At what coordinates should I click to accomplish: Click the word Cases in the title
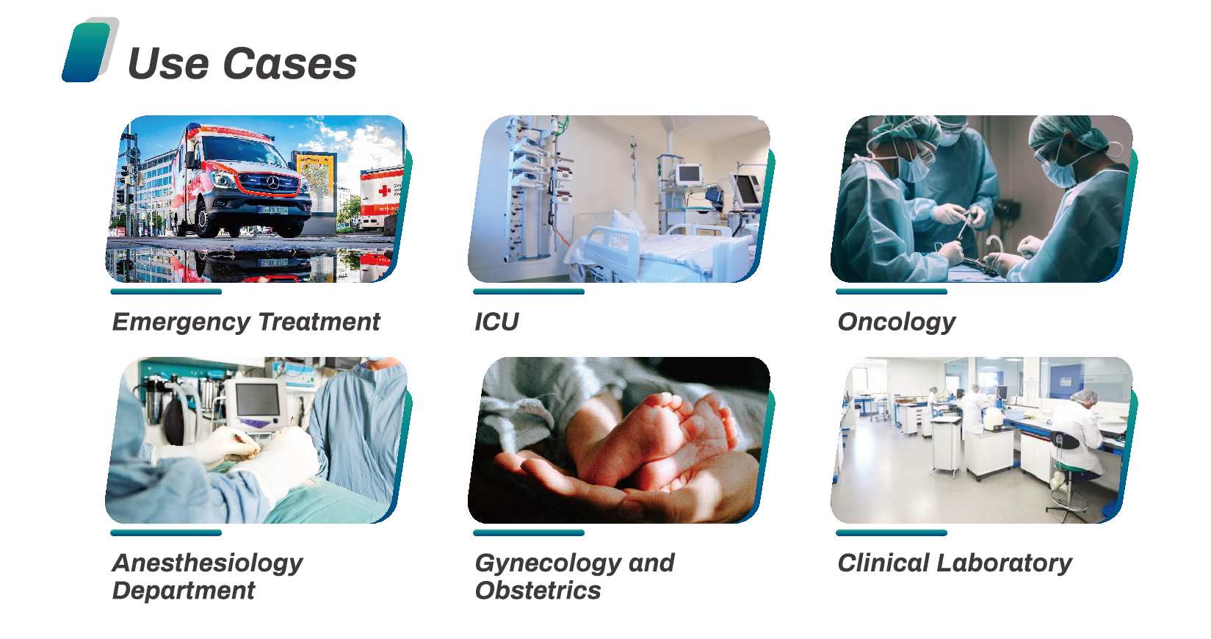pos(289,64)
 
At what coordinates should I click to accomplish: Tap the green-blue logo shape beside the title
pos(87,52)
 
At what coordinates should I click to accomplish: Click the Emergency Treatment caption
pos(246,322)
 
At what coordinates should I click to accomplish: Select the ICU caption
pos(496,322)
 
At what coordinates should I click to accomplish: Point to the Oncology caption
pos(897,322)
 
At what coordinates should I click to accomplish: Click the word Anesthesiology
pos(208,563)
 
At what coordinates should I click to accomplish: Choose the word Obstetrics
pos(538,591)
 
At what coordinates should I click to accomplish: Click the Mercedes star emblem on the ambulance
pos(273,184)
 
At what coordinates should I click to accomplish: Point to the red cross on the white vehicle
pos(384,191)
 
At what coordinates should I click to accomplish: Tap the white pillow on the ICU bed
pos(628,225)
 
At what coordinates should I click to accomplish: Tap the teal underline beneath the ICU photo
pos(529,292)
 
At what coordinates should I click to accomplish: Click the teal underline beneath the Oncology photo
pos(892,292)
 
